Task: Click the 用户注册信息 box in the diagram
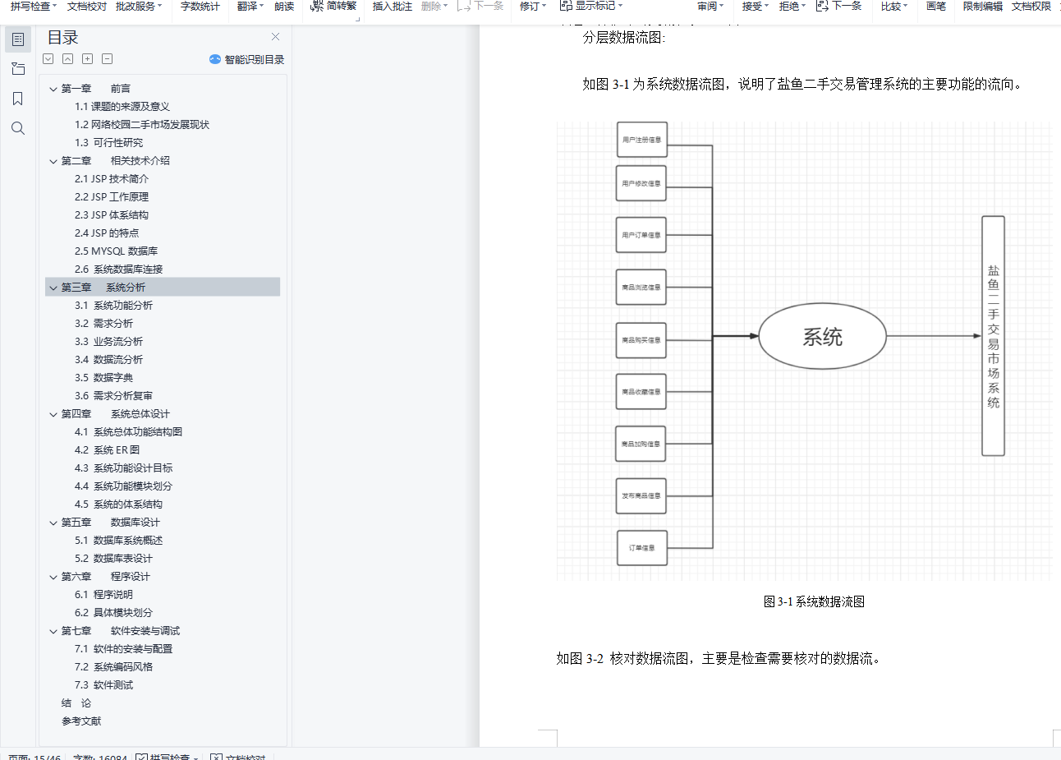(641, 140)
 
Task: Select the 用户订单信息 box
(641, 235)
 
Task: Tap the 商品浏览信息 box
(641, 288)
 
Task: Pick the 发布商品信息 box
(641, 496)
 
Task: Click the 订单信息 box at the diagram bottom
(641, 548)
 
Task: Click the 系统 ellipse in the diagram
(822, 336)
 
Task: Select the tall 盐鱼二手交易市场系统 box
(993, 336)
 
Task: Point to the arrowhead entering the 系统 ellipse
(753, 336)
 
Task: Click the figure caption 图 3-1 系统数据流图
(814, 601)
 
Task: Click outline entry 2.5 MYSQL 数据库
(116, 251)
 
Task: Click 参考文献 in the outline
(81, 721)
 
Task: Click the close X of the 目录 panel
(275, 37)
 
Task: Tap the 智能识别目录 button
(247, 59)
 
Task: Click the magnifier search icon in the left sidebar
(18, 128)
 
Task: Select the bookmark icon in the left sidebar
(18, 99)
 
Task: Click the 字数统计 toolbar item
(200, 7)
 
